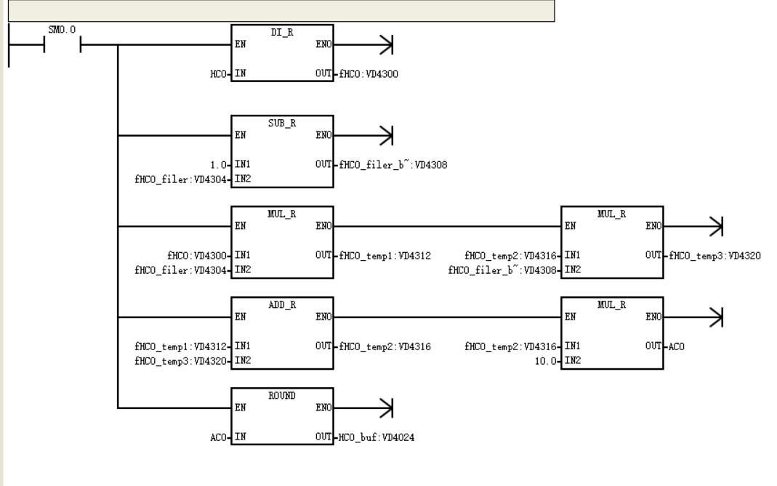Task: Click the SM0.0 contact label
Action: pos(62,30)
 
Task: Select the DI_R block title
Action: pos(282,32)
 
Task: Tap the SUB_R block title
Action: pos(282,123)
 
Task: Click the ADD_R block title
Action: pos(282,304)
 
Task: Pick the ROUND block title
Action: pos(282,395)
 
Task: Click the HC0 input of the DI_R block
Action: pos(218,74)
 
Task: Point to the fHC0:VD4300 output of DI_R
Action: pos(369,74)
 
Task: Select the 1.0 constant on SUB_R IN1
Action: pos(218,164)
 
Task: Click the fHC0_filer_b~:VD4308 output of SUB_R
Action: pos(393,164)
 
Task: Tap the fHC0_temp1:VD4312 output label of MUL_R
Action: pos(385,256)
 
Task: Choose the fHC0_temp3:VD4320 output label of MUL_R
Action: pos(714,256)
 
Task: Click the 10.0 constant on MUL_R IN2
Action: pos(546,361)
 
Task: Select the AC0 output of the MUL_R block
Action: pos(677,347)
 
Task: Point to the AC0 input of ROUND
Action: pos(218,437)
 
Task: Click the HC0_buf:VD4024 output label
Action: pos(376,437)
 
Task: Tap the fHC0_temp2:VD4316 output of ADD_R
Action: pos(385,347)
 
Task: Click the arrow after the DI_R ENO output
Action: pos(386,44)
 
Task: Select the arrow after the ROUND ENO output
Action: pos(386,408)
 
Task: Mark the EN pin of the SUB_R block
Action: pos(241,134)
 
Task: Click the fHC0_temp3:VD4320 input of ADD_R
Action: pos(180,361)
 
